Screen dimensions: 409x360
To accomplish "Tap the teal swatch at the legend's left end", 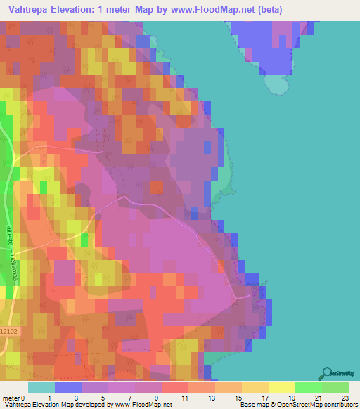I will point(41,387).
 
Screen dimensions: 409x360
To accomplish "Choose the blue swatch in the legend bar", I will point(67,387).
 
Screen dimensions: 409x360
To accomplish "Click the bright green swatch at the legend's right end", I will point(335,387).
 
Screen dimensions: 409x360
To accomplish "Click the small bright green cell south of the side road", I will point(84,240).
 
